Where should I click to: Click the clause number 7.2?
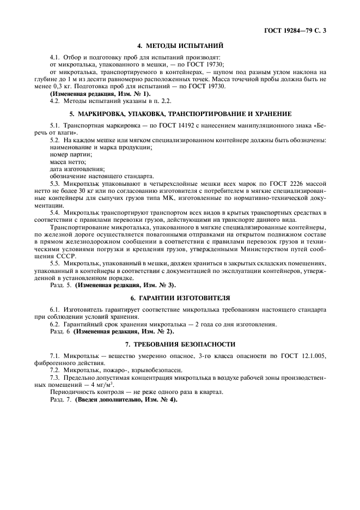[56, 370]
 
